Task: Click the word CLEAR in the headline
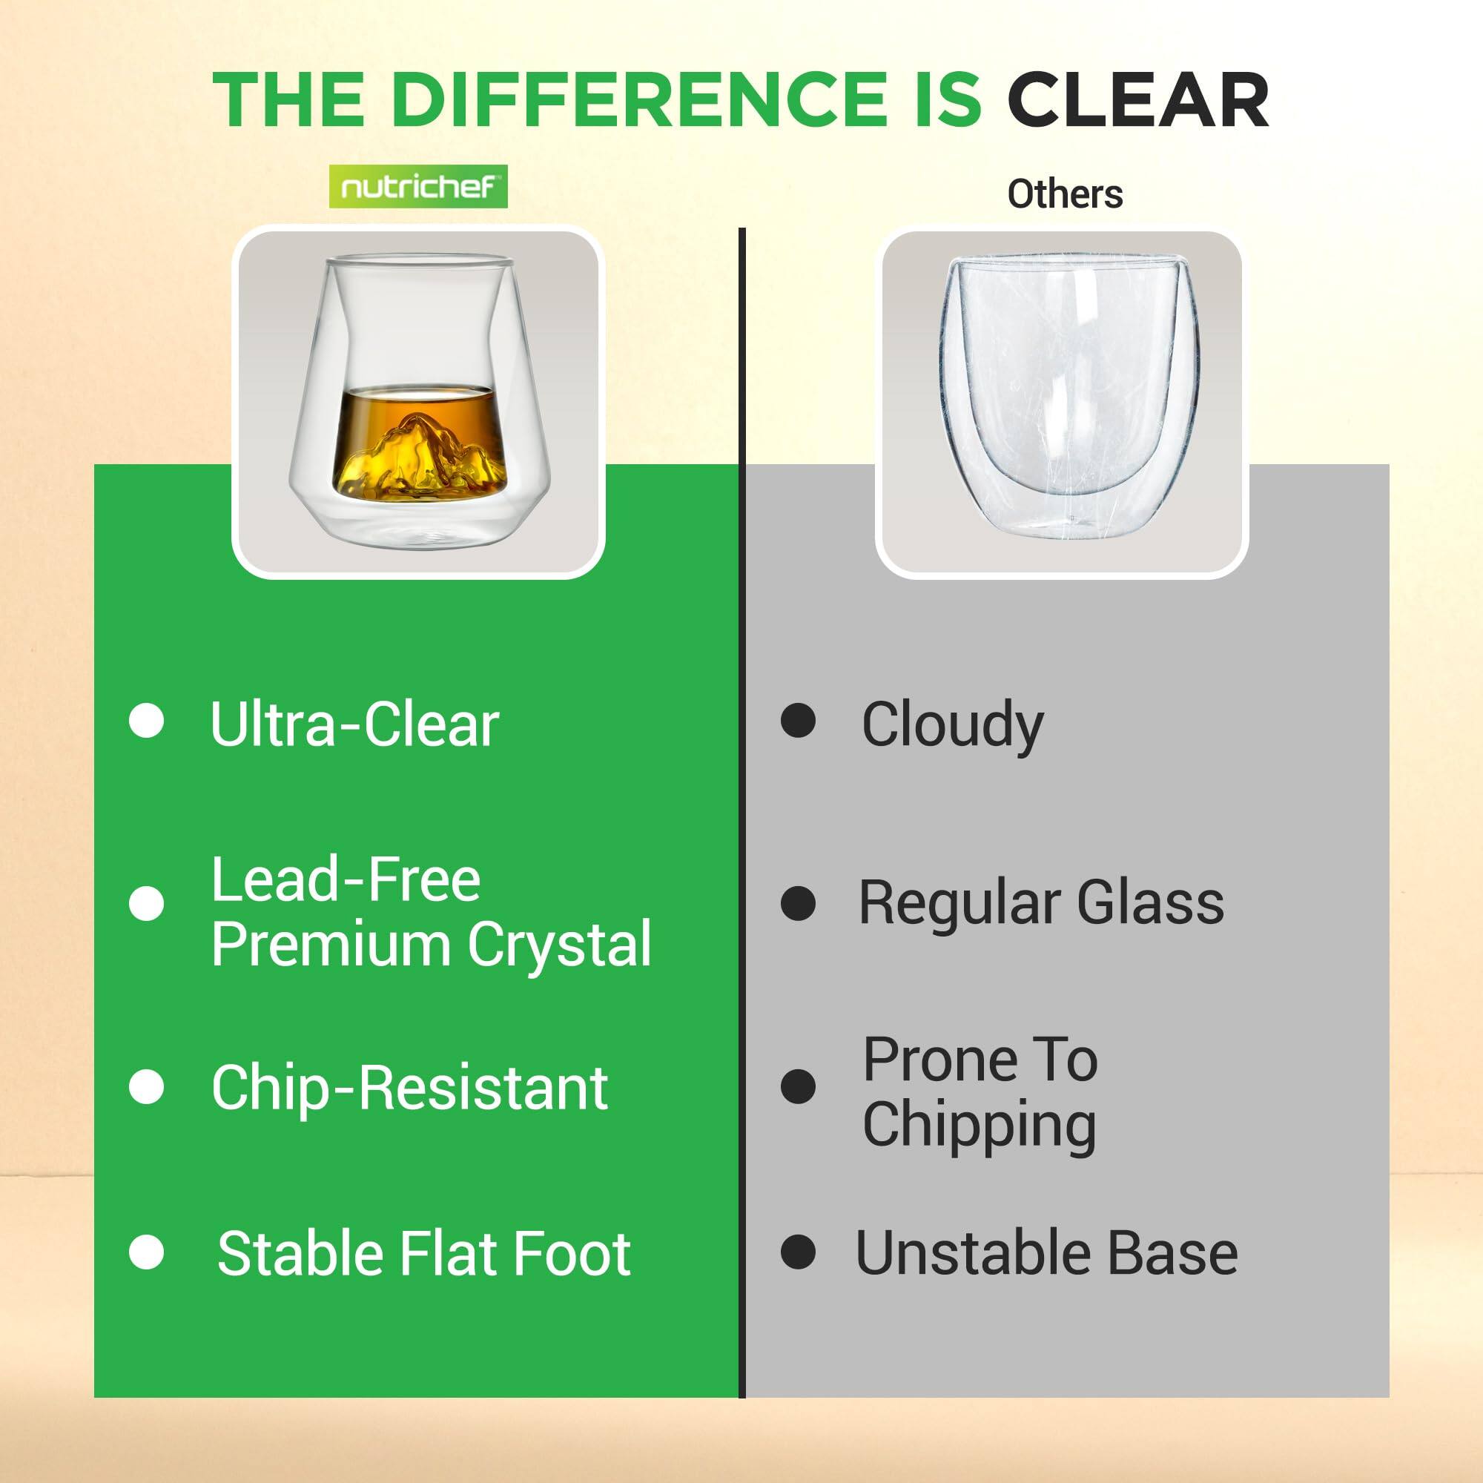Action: (x=1138, y=101)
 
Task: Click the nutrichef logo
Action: (x=418, y=187)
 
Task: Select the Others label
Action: (x=1065, y=194)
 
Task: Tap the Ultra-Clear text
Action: (x=354, y=724)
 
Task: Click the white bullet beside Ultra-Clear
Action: (x=147, y=721)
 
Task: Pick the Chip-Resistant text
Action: (x=410, y=1088)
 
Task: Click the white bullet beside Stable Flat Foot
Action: (x=147, y=1252)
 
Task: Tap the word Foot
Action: (x=572, y=1253)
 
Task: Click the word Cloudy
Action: (x=953, y=725)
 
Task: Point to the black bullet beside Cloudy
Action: (x=799, y=721)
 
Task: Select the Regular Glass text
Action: (x=1041, y=902)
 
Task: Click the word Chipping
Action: (x=980, y=1126)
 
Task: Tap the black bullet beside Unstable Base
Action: (x=799, y=1252)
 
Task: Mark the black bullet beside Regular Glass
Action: (x=799, y=903)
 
